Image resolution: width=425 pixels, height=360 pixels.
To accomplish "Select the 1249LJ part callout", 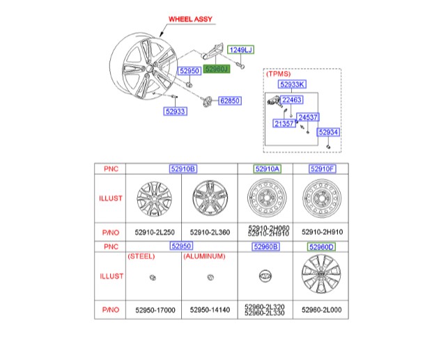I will (x=242, y=49).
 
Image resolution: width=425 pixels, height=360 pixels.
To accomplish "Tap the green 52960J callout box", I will (x=216, y=70).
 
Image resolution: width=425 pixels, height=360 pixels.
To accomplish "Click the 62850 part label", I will (x=230, y=101).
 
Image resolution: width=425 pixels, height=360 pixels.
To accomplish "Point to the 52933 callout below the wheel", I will (x=175, y=111).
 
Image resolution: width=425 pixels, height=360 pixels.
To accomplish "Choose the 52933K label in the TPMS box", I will (x=291, y=84).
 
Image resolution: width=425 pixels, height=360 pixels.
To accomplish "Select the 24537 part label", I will (x=308, y=117).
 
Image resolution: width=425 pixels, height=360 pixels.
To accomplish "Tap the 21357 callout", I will (x=283, y=124).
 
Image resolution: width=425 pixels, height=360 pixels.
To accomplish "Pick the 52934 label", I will (x=328, y=132).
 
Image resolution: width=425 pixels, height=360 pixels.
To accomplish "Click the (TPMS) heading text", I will (x=278, y=73).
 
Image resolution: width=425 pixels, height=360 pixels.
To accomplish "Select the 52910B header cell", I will (x=183, y=169).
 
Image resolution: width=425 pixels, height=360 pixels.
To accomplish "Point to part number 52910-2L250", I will (x=153, y=231).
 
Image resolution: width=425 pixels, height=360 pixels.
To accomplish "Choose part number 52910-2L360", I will (x=210, y=231).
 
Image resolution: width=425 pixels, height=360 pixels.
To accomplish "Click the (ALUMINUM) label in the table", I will (x=205, y=256).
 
